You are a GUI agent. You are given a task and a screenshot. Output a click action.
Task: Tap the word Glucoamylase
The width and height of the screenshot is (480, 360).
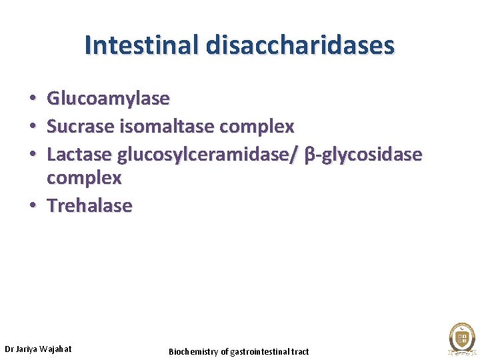point(108,99)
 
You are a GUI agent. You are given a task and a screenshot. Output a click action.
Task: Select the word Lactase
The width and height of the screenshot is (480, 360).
point(79,154)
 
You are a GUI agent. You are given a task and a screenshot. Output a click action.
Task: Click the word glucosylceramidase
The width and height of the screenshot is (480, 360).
point(207,154)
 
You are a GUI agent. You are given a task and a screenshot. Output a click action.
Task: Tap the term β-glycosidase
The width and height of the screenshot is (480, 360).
point(363,155)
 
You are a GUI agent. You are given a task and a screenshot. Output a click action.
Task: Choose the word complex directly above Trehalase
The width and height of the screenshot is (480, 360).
point(84,179)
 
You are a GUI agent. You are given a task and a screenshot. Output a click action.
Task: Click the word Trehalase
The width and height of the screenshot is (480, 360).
point(89,205)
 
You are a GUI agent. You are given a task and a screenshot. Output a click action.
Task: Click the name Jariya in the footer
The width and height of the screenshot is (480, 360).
point(28,349)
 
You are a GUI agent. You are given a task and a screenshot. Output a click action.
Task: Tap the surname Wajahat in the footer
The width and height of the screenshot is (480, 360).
point(57,349)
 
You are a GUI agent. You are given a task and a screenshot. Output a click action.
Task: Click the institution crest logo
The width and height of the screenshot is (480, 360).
point(461,338)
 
